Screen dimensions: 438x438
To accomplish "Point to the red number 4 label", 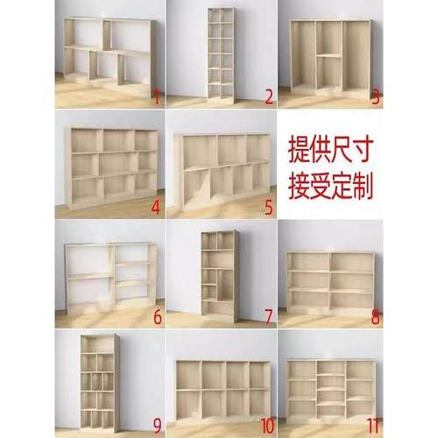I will (x=156, y=208).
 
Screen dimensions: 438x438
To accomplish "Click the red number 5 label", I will (x=268, y=208).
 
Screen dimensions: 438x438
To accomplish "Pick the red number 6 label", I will (x=156, y=317).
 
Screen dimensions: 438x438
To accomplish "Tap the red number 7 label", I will (x=268, y=316).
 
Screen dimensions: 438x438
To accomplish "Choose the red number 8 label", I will (x=376, y=316).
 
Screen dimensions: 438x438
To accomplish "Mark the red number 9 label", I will (x=156, y=427).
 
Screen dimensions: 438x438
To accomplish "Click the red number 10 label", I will (x=265, y=427).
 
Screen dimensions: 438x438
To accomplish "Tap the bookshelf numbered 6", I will (x=109, y=273).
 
